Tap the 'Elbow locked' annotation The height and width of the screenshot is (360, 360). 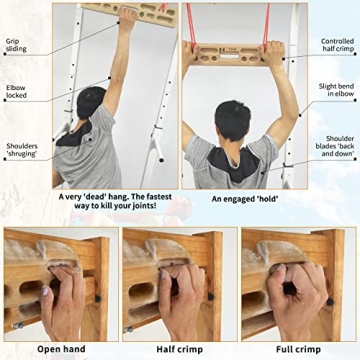click(17, 92)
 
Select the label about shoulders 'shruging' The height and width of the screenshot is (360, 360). click(22, 151)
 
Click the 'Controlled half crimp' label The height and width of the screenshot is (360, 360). click(337, 46)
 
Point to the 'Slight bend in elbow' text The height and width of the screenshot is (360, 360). click(335, 92)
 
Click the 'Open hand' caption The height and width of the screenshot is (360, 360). click(58, 349)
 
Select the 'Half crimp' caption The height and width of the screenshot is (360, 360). click(180, 349)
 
